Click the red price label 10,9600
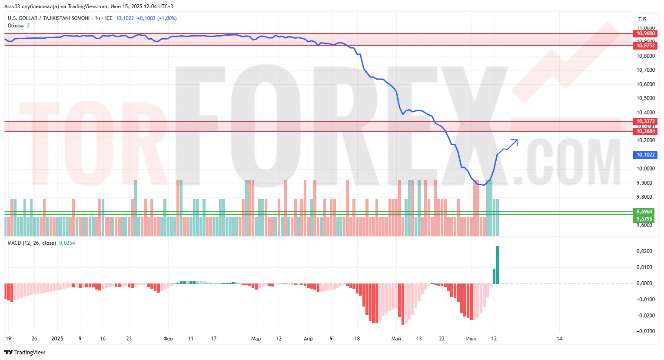coord(645,33)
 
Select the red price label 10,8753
coord(645,46)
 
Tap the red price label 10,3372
coord(645,121)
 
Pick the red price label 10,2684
coord(645,131)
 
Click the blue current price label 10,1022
coord(645,155)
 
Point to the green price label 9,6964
coord(644,212)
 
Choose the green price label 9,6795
coord(644,219)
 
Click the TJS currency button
coord(642,19)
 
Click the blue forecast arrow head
coord(516,140)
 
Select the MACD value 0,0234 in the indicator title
coord(67,243)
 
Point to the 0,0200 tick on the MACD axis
coord(644,251)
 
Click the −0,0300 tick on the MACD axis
coord(645,331)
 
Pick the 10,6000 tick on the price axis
coord(645,84)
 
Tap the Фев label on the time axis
coord(168,339)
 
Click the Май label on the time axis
coord(396,339)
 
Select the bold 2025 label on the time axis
coord(57,339)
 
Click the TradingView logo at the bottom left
coord(25,352)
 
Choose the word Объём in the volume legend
coord(16,26)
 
